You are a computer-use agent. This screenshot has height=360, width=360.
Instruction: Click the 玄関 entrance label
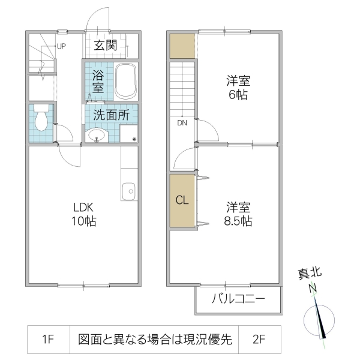[x=112, y=46]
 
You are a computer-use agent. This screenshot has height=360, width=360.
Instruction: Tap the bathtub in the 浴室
[x=126, y=80]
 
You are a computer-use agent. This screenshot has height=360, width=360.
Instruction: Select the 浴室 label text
[x=98, y=82]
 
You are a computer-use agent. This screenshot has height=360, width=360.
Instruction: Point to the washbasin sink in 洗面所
[x=96, y=136]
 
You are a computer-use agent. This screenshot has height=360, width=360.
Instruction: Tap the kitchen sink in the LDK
[x=128, y=193]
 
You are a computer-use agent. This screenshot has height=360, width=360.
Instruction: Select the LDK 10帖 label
[x=85, y=214]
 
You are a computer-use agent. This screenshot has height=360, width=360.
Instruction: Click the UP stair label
[x=61, y=46]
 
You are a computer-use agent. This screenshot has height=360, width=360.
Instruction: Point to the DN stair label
[x=182, y=123]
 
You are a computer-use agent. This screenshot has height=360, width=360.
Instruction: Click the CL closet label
[x=182, y=200]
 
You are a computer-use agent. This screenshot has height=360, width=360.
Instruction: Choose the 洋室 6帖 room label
[x=238, y=87]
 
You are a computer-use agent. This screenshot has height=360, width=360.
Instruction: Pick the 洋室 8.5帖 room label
[x=239, y=214]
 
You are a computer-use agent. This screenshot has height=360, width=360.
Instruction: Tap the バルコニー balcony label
[x=238, y=298]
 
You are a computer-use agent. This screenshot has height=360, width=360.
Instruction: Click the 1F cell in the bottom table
[x=49, y=340]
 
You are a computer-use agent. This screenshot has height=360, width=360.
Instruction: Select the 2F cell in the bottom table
[x=259, y=340]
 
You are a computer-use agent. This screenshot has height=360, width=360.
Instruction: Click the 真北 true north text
[x=310, y=274]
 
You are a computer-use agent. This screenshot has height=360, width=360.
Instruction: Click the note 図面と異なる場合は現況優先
[x=154, y=340]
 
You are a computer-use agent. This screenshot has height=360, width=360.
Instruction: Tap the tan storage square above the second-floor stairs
[x=182, y=46]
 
